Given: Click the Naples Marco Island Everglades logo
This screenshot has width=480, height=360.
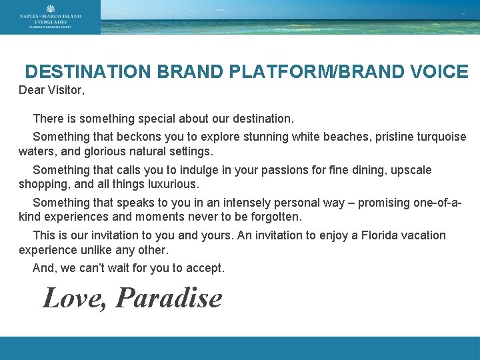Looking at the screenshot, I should (50, 17).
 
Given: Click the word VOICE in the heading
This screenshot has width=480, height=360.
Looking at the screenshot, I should (437, 72).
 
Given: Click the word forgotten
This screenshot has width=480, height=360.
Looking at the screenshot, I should (276, 217).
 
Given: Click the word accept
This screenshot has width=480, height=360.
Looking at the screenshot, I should (206, 268).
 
